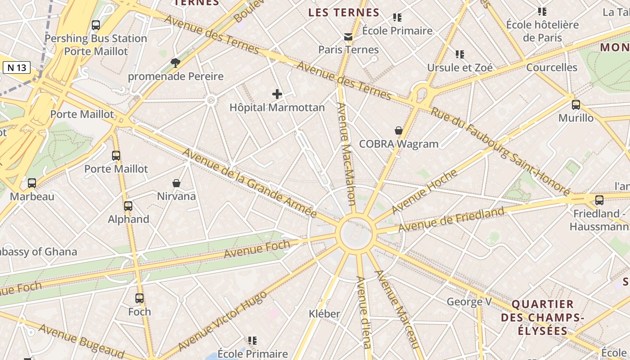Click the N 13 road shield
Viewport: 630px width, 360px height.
17,67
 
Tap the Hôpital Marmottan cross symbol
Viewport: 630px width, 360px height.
277,94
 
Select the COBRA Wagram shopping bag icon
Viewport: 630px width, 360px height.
398,131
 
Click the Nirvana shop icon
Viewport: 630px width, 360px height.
176,183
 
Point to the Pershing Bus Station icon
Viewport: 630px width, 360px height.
95,25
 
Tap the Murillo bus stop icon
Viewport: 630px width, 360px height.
576,105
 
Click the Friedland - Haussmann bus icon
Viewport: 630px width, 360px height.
599,200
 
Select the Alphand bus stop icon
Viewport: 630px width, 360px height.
128,206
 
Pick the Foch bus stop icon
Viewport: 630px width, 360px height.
139,298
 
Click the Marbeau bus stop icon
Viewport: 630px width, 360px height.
32,183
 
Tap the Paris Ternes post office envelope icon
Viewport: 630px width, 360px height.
348,37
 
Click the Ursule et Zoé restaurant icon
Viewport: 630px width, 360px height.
459,54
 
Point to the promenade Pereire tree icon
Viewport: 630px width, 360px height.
175,63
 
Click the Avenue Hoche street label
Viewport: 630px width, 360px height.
424,192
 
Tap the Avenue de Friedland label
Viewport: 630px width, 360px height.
451,220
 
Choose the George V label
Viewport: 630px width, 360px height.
469,301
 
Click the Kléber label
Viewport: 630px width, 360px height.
324,314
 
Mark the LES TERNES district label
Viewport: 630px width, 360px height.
344,13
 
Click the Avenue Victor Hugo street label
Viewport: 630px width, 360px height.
223,320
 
